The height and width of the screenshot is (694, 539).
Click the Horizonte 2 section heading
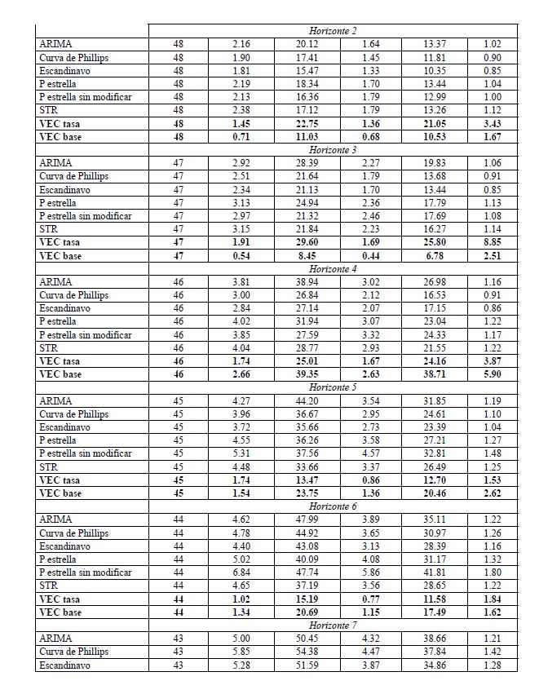(332, 31)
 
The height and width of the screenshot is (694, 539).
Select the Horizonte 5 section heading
(332, 387)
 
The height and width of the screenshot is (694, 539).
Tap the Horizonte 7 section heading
(332, 625)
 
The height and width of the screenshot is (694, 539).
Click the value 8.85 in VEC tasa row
(492, 242)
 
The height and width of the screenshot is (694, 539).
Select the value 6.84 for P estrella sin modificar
(241, 572)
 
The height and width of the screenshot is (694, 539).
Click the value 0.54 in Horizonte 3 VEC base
(241, 256)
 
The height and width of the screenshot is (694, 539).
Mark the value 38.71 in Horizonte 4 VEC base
(434, 374)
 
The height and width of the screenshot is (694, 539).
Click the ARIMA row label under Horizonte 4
(55, 282)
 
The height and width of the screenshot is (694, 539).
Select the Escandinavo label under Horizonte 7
(64, 665)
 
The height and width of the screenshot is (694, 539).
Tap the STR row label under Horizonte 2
(48, 110)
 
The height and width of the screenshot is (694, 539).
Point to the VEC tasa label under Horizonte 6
(60, 599)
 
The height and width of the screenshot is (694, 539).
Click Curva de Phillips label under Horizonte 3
(73, 176)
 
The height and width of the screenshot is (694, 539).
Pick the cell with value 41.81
(434, 572)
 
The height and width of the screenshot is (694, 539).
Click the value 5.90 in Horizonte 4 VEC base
(492, 374)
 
